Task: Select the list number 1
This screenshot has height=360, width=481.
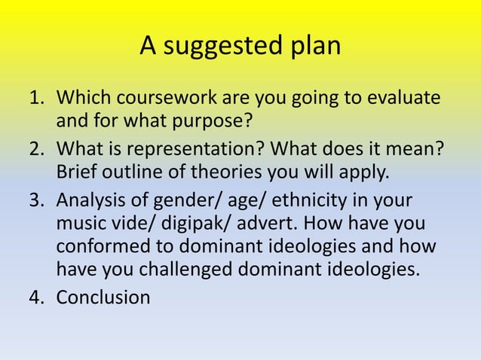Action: (35, 99)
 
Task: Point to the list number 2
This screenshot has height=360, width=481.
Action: (35, 150)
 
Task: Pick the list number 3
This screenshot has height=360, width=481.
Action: (35, 202)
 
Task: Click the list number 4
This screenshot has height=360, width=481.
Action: (35, 297)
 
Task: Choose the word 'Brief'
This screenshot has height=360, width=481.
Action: (78, 171)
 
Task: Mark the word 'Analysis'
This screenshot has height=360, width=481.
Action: (93, 202)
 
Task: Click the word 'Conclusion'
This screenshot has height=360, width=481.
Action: (103, 297)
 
